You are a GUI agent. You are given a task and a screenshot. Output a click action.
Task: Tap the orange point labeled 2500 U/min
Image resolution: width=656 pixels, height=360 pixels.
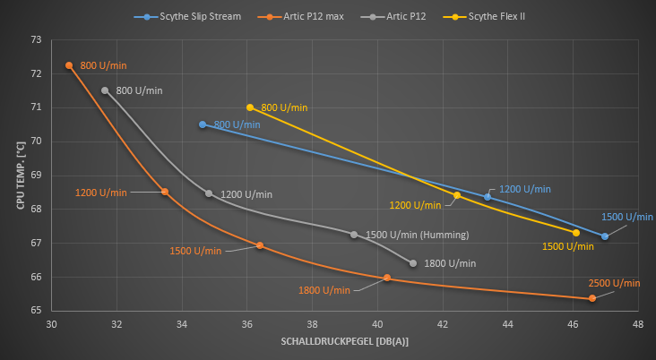(x=592, y=298)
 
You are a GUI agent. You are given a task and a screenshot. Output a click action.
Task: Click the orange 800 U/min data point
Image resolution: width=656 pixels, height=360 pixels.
(x=69, y=65)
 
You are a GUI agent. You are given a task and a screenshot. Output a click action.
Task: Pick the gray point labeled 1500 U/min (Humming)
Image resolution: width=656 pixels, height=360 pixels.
(x=354, y=235)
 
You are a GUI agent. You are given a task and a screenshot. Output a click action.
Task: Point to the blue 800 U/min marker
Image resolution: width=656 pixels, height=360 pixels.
(x=203, y=124)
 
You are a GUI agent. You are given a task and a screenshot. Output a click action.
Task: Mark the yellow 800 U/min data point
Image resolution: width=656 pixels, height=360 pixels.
(x=250, y=107)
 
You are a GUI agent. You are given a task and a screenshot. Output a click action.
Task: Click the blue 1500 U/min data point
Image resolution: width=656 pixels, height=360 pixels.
(x=605, y=236)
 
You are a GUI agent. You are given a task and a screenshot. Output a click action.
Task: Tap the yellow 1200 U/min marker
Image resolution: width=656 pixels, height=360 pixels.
(x=457, y=195)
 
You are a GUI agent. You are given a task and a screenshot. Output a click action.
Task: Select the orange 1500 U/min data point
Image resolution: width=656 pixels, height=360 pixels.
(x=260, y=245)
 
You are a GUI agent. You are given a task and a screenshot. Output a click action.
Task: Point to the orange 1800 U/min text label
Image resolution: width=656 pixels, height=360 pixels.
(x=324, y=290)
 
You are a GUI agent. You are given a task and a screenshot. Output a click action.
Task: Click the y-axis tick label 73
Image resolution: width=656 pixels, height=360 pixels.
(x=36, y=40)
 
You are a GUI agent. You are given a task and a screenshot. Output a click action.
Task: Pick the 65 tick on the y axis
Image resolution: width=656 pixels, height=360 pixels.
(x=36, y=311)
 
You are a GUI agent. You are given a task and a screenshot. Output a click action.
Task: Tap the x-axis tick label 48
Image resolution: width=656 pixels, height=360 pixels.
(x=637, y=325)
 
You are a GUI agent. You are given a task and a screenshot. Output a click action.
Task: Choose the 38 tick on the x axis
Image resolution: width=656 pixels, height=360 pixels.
(x=312, y=325)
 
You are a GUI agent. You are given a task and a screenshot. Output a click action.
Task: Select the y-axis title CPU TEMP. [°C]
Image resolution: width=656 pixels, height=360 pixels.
(x=19, y=176)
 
